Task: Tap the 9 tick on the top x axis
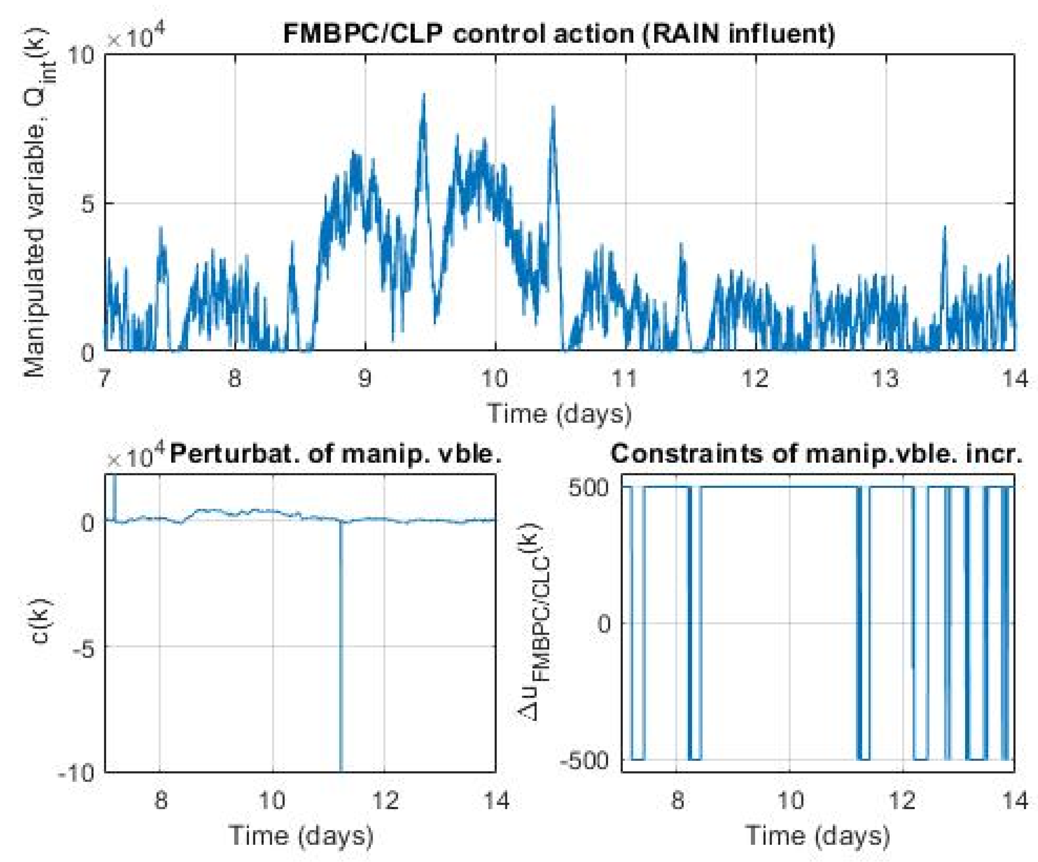365,379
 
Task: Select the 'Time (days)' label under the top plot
560,413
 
